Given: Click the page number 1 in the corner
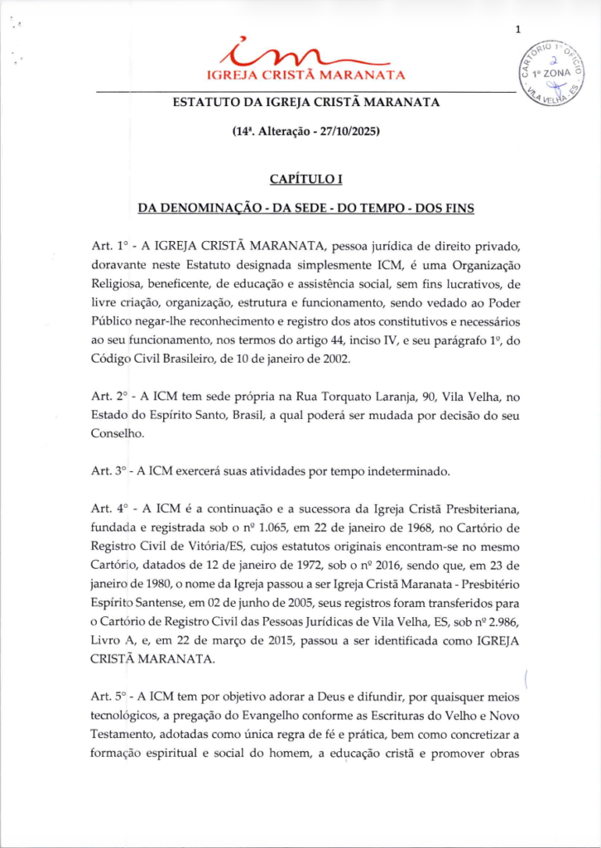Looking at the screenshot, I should pyautogui.click(x=517, y=31).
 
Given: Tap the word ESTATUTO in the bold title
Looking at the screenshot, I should pyautogui.click(x=204, y=102).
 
